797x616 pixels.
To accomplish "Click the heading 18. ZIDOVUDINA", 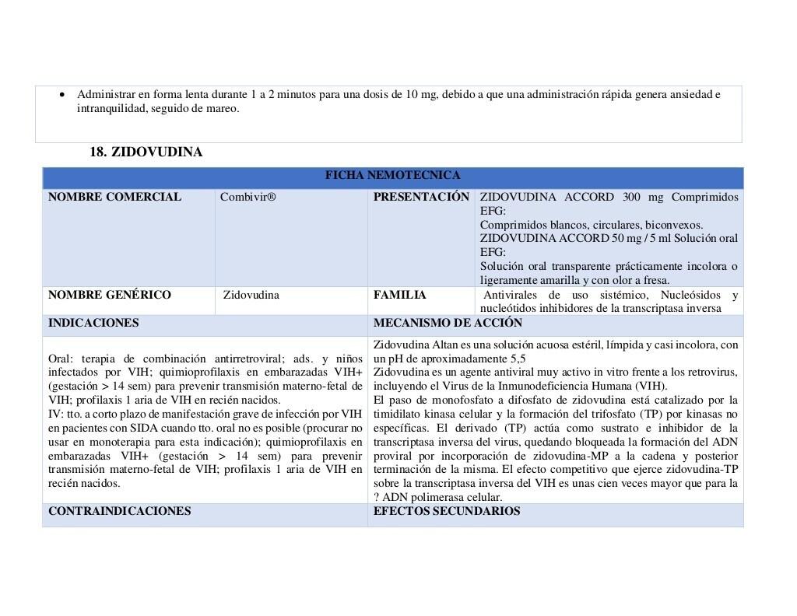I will click(x=146, y=152).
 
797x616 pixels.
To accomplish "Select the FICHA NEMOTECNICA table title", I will click(x=392, y=176).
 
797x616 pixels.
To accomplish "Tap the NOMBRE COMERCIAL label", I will click(x=114, y=197).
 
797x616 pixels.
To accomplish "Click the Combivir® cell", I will click(x=248, y=197).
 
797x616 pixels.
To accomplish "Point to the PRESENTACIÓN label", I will click(x=421, y=197).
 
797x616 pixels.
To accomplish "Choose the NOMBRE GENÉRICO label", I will click(x=110, y=295).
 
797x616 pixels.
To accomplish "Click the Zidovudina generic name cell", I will click(x=251, y=295).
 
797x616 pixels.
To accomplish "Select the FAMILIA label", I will click(x=399, y=295).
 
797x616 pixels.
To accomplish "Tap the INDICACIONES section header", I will click(x=93, y=323).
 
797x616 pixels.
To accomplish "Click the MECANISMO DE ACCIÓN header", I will click(x=448, y=323).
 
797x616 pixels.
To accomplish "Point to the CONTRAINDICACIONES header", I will click(x=119, y=511).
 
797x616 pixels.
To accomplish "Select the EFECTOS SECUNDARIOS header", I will click(x=447, y=511).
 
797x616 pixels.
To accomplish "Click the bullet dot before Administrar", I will click(x=63, y=95).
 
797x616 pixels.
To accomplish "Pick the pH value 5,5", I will click(x=518, y=359).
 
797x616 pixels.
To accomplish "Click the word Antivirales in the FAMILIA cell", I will click(x=511, y=295).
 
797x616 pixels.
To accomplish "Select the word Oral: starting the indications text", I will click(x=62, y=359).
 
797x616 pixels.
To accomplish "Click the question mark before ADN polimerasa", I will click(x=377, y=498).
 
